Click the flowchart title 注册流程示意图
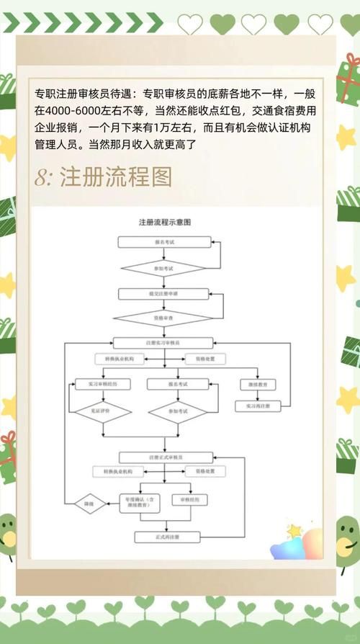point(169,223)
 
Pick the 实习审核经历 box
point(102,385)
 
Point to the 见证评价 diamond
point(102,411)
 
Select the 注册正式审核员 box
point(166,457)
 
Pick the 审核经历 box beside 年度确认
point(189,498)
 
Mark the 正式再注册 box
point(166,537)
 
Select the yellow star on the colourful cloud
point(294,530)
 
